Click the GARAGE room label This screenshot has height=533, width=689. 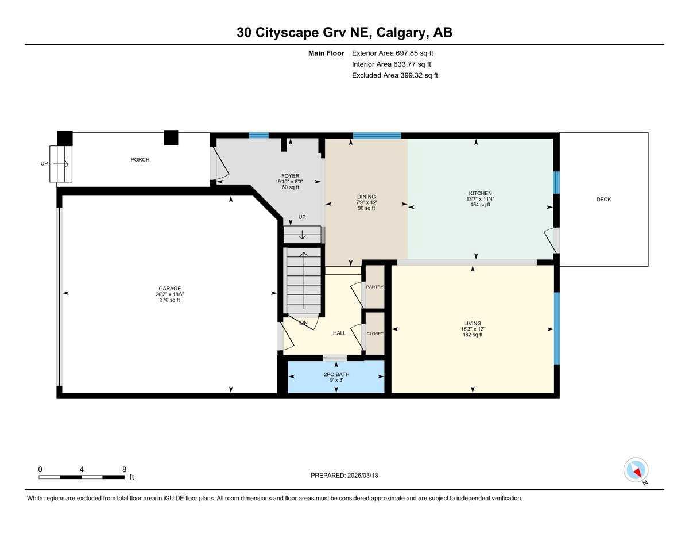point(170,289)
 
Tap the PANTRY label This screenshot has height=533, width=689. point(374,287)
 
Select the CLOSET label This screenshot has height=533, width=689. point(374,333)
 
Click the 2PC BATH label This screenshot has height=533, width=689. point(336,374)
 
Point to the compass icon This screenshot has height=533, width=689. point(636,470)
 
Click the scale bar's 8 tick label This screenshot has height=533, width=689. point(124,469)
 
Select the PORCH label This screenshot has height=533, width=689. point(140,160)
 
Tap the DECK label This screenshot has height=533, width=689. point(603,200)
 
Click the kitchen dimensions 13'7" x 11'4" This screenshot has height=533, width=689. point(479,199)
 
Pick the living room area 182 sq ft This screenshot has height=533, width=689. point(473,335)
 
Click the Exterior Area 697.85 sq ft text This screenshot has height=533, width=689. point(392,53)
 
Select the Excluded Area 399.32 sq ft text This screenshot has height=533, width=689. point(394,75)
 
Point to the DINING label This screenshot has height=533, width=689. point(366,197)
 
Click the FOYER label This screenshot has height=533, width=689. point(290,176)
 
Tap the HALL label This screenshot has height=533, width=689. point(339,333)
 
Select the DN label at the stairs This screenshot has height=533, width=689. point(304,323)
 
